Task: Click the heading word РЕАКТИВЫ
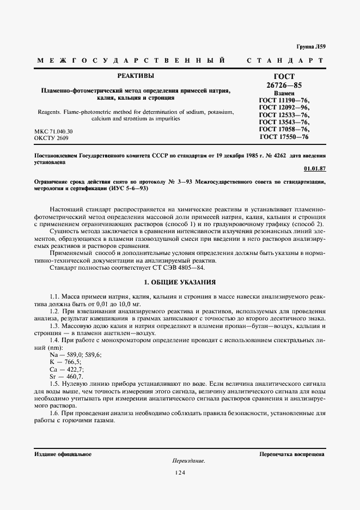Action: (x=136, y=76)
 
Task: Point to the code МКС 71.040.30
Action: (x=53, y=132)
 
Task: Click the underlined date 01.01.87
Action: (x=314, y=168)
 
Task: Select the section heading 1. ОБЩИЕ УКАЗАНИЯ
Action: (x=180, y=282)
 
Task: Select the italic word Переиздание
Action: (x=188, y=461)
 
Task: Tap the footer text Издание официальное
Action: (x=63, y=453)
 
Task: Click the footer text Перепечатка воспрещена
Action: (x=292, y=453)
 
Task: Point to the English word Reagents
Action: (x=52, y=112)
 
